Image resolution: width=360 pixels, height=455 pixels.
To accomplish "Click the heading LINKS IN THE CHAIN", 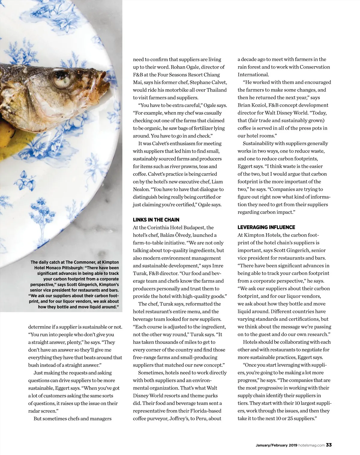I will pos(156,220).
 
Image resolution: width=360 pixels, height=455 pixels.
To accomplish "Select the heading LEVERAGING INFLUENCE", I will pos(266,227).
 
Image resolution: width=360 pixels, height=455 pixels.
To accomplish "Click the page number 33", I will pos(329,445).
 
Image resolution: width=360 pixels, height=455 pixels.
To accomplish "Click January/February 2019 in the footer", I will pos(276,445).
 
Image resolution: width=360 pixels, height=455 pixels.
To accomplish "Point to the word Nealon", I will pos(141,189).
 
